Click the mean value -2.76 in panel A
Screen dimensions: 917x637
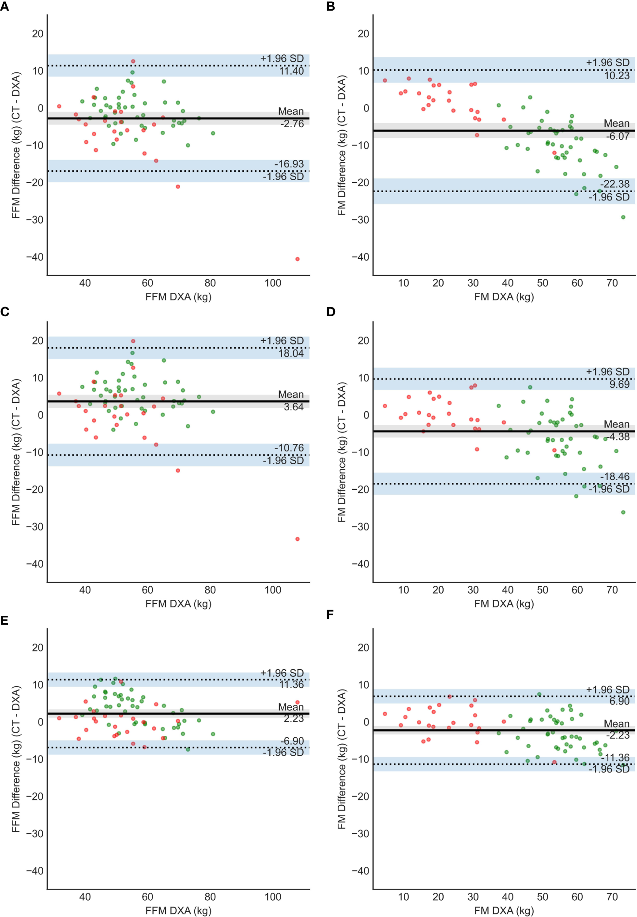[292, 124]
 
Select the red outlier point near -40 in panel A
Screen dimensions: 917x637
[297, 259]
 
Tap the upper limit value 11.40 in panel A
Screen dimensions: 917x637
[291, 71]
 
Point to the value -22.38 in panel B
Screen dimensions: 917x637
[614, 184]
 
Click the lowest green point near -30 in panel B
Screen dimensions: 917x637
[623, 217]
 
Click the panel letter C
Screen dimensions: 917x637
[4, 312]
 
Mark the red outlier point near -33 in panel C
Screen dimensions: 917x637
[297, 539]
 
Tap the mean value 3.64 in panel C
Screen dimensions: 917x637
[294, 407]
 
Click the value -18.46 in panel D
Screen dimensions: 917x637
[614, 477]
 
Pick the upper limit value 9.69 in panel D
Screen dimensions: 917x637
[619, 384]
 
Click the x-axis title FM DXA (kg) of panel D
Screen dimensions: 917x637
[504, 604]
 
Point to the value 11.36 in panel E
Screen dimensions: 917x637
[291, 685]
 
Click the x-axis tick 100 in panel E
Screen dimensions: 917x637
[273, 897]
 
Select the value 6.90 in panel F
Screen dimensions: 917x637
[619, 701]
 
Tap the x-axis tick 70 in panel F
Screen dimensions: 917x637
[612, 897]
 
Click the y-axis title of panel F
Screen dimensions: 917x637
[341, 759]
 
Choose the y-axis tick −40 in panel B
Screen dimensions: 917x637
[360, 257]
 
